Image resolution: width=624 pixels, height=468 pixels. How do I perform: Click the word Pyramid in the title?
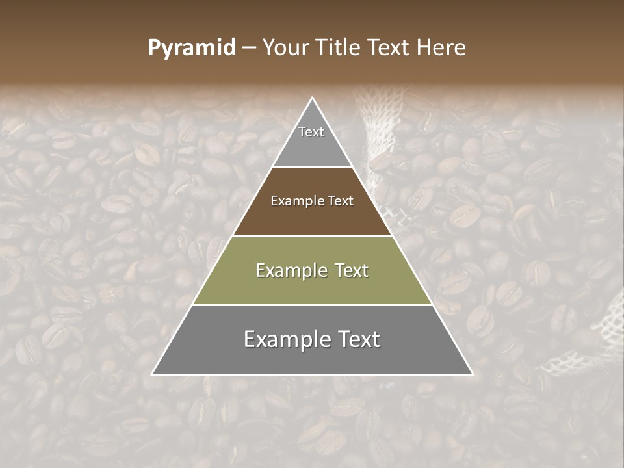point(191,48)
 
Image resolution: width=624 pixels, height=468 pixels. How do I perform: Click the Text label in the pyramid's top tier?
point(311,132)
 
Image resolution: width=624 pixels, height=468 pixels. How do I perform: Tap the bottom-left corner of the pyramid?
point(153,374)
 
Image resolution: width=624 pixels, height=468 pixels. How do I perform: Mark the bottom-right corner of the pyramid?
point(472,374)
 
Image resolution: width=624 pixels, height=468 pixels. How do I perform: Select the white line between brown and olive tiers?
point(313,236)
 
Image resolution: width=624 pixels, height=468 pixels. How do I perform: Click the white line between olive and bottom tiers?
point(313,305)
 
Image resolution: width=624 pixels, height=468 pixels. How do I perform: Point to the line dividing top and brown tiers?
point(313,167)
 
